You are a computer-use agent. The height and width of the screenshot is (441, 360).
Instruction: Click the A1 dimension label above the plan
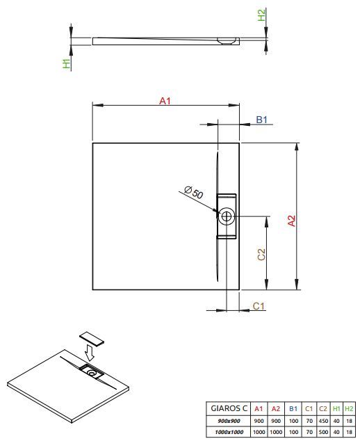(x=165, y=101)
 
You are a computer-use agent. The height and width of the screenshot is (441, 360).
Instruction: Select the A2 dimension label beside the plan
(x=292, y=220)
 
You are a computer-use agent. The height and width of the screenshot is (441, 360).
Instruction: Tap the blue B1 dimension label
(x=261, y=120)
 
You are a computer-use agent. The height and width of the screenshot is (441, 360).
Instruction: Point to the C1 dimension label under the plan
(x=259, y=306)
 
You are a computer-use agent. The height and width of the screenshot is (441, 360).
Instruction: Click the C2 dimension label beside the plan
(x=261, y=255)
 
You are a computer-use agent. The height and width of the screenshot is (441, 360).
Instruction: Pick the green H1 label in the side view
(x=66, y=63)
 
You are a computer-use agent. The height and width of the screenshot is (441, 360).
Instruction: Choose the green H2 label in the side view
(x=261, y=15)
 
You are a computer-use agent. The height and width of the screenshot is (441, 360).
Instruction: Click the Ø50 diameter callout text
(x=194, y=192)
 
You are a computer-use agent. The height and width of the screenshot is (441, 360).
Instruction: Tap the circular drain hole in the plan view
(x=227, y=216)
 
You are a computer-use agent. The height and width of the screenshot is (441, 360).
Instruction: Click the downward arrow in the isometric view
(x=90, y=353)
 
